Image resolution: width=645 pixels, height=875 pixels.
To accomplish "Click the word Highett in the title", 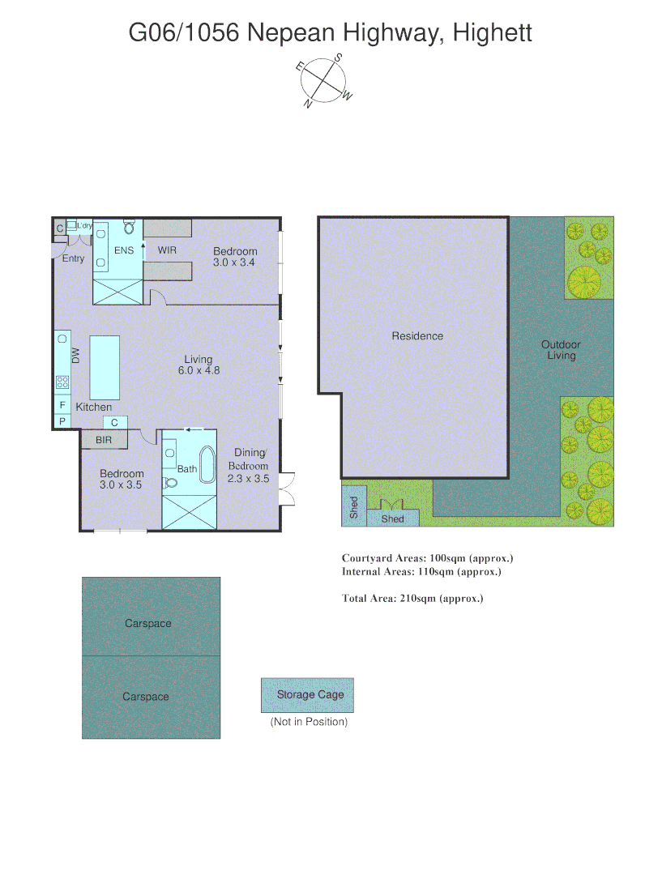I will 493,33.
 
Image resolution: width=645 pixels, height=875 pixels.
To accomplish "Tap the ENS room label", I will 123,250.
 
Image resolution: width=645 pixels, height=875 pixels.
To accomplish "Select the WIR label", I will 167,250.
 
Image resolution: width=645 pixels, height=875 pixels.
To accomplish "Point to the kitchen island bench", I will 105,365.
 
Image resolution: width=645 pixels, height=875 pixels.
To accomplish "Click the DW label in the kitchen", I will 75,355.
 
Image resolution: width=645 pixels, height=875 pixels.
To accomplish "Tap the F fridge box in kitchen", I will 62,404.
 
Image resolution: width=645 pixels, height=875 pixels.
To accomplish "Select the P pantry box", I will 62,421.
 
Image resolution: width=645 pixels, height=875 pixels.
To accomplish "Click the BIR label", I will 104,440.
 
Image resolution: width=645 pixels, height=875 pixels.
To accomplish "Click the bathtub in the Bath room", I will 207,467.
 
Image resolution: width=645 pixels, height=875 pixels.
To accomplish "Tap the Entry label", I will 73,258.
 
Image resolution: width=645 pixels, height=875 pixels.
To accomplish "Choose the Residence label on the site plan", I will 417,335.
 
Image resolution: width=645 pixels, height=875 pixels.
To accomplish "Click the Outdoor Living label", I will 561,350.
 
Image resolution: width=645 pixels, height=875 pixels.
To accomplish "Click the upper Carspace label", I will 147,623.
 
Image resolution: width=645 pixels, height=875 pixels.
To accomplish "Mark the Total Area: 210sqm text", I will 412,599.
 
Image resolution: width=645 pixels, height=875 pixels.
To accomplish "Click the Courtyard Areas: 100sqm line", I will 427,558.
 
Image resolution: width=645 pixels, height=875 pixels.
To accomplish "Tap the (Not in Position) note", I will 308,722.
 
